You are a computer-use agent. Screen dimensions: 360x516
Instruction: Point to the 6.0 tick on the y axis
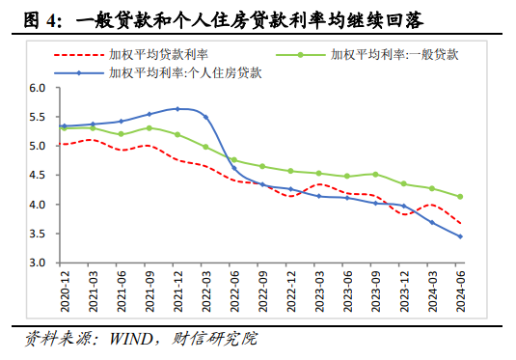(38, 88)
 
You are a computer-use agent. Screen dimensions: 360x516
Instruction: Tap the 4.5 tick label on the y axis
(38, 176)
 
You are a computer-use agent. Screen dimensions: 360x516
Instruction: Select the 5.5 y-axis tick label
(38, 117)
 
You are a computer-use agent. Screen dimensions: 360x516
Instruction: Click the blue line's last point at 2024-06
(459, 236)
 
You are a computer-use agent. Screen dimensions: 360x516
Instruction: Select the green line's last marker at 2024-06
(459, 197)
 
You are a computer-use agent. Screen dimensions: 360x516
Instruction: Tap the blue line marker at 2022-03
(205, 117)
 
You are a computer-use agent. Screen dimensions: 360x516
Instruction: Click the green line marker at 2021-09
(149, 127)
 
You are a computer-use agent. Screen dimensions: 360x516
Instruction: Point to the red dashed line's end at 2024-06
(459, 223)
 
